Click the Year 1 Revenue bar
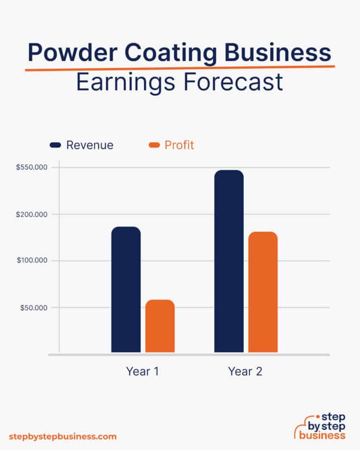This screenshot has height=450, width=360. (x=126, y=289)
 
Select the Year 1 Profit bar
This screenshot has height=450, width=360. (x=160, y=326)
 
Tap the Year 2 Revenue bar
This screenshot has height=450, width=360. (x=229, y=261)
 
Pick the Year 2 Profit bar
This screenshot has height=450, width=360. (x=263, y=292)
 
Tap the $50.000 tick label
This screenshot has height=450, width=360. (x=37, y=307)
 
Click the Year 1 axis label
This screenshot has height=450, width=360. (x=142, y=372)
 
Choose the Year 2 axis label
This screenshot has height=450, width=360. (x=245, y=372)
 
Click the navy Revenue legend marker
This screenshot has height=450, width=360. (x=56, y=145)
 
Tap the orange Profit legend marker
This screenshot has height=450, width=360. (x=154, y=145)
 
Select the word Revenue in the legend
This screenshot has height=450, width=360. (x=90, y=145)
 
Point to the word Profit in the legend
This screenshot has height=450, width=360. (x=179, y=145)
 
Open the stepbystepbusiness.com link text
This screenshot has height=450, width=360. (x=62, y=436)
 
